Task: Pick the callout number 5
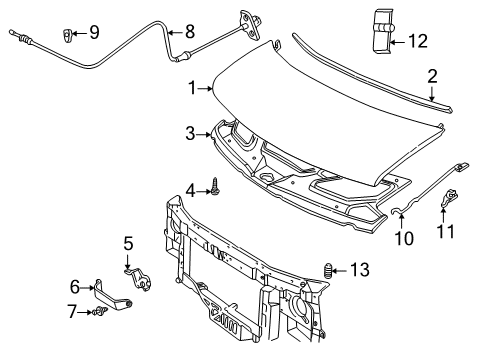pos(128,242)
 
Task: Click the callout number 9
pos(93,33)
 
